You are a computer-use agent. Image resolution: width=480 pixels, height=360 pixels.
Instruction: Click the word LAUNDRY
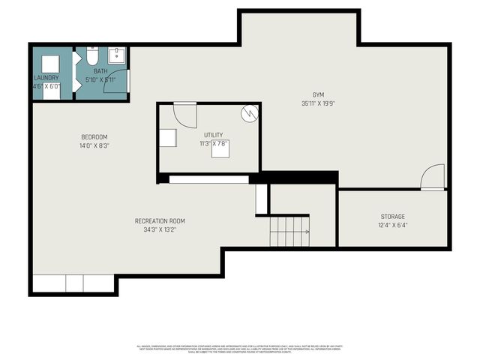pos(46,78)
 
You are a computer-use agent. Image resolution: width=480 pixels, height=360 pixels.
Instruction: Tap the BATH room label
pos(100,70)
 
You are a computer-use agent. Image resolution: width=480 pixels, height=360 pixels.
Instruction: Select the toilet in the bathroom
pos(92,55)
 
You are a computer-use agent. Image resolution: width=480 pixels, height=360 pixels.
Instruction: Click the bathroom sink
pos(117,55)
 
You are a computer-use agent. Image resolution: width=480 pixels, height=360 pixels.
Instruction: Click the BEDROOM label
pos(94,136)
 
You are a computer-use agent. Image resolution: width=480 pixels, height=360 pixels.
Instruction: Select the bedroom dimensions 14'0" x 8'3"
pos(94,146)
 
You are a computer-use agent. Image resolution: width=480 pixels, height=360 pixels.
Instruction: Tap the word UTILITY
pos(213,135)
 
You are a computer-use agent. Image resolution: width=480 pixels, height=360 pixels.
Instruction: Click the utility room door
pos(184,115)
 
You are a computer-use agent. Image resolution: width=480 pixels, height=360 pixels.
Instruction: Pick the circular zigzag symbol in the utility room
pos(249,112)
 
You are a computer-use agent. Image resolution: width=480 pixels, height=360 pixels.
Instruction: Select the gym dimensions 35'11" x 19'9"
pos(318,103)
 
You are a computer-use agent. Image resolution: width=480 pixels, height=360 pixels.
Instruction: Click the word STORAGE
pos(392,216)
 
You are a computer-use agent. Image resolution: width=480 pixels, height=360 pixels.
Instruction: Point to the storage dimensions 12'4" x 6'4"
pos(392,225)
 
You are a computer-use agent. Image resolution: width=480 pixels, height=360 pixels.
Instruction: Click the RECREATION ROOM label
pos(159,220)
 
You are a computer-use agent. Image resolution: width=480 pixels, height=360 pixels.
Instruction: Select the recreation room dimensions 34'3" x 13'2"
pos(159,229)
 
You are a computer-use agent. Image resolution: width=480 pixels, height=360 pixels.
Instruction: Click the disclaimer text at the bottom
pos(240,348)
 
